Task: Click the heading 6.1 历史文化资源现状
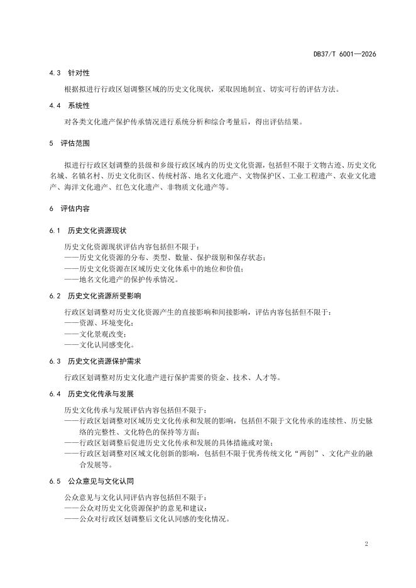(x=91, y=231)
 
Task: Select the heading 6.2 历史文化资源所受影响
(x=95, y=296)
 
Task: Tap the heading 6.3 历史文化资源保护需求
(x=95, y=361)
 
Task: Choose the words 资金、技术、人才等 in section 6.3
(x=251, y=378)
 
